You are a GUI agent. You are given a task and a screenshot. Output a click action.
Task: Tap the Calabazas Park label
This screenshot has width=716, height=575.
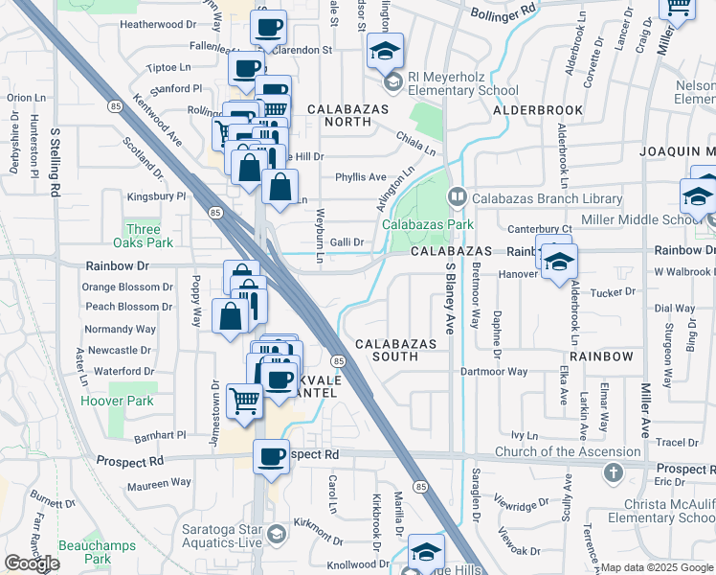click(x=428, y=224)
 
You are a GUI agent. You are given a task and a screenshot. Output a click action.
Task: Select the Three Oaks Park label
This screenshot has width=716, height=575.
click(x=144, y=236)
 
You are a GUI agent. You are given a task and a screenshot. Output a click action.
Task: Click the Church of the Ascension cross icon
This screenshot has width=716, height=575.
click(x=614, y=473)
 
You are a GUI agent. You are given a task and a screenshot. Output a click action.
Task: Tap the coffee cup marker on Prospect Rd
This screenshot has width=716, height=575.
click(x=271, y=455)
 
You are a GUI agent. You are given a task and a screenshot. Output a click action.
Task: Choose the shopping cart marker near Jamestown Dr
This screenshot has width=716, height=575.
click(x=245, y=400)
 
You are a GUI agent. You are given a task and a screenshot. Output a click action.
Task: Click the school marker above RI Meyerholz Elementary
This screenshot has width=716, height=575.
click(x=386, y=50)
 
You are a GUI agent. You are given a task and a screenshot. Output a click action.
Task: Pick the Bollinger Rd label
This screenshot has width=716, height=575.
click(x=504, y=11)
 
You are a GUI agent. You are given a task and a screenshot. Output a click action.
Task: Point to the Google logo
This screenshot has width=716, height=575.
click(x=32, y=563)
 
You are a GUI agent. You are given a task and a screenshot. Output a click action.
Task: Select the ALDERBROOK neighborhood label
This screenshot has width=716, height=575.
click(x=538, y=110)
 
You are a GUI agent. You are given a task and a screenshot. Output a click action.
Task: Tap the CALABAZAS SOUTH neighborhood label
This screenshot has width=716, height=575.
click(x=396, y=350)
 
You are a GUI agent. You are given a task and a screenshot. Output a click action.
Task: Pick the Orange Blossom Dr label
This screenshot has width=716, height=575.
click(x=126, y=287)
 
